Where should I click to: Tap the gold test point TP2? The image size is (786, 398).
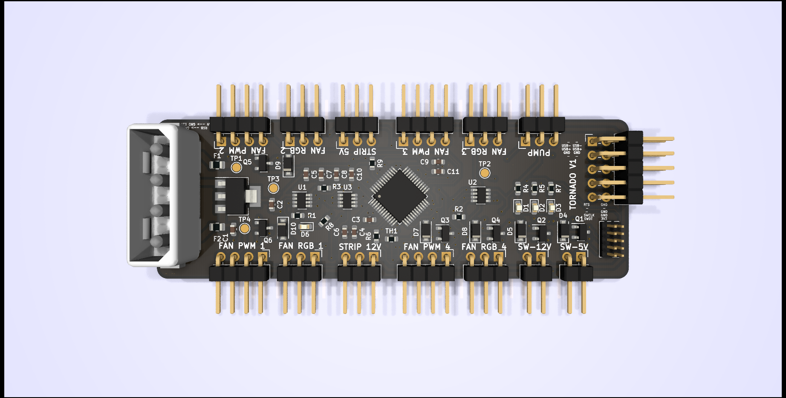(x=485, y=173)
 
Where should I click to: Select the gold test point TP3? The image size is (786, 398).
(x=273, y=188)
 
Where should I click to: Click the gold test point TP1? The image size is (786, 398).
(x=236, y=168)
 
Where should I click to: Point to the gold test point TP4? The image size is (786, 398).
(x=244, y=228)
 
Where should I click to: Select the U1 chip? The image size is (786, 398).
(x=302, y=200)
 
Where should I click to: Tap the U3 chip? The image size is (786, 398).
(x=347, y=200)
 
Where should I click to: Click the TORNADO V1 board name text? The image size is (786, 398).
(x=573, y=184)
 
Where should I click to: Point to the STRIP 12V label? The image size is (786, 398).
(x=360, y=247)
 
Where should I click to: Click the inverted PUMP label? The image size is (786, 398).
(x=539, y=152)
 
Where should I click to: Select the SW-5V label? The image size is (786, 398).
(x=574, y=247)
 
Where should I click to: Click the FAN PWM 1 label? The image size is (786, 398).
(x=242, y=246)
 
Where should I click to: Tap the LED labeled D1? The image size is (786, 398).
(x=519, y=208)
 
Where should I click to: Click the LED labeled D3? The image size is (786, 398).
(x=552, y=208)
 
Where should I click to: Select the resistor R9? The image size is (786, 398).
(x=372, y=163)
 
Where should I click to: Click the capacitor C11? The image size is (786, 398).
(x=438, y=171)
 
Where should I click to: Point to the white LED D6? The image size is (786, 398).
(x=305, y=227)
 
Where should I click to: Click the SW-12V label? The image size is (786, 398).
(x=535, y=247)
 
